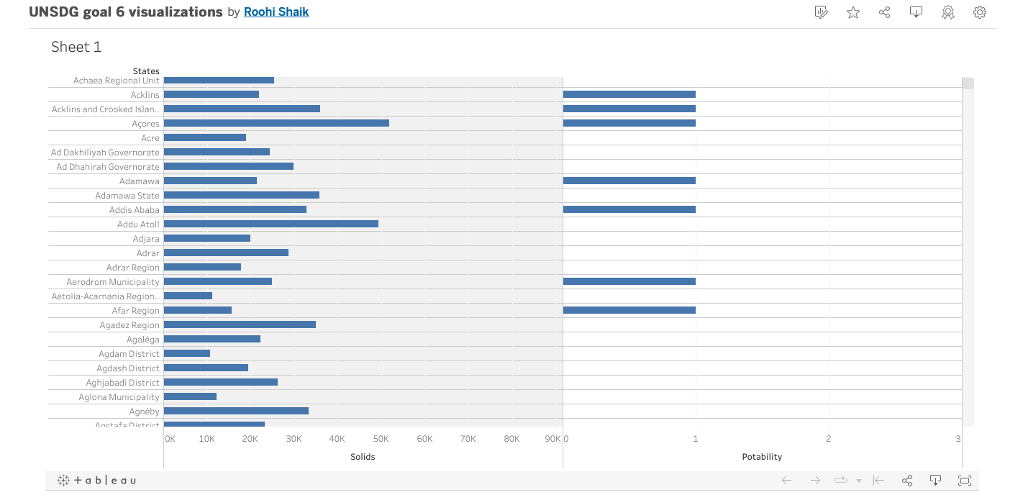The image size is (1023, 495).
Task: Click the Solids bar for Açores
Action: pyautogui.click(x=276, y=123)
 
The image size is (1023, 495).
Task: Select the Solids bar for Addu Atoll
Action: pyautogui.click(x=271, y=224)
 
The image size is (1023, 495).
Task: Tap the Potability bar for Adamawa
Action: pyautogui.click(x=629, y=181)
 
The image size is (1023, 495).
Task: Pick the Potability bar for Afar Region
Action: pyautogui.click(x=629, y=310)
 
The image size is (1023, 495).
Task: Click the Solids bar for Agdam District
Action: pyautogui.click(x=187, y=353)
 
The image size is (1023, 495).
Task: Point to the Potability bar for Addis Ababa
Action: pyautogui.click(x=629, y=209)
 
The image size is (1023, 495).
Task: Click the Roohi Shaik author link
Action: pyautogui.click(x=276, y=12)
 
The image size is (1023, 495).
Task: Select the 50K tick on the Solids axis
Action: pyautogui.click(x=381, y=439)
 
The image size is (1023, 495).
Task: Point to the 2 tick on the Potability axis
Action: pyautogui.click(x=828, y=439)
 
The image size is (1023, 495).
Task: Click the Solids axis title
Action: pyautogui.click(x=363, y=457)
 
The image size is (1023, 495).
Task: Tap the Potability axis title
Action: pyautogui.click(x=762, y=457)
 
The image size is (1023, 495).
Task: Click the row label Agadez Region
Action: pyautogui.click(x=129, y=325)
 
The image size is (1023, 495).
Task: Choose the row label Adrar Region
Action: pyautogui.click(x=133, y=268)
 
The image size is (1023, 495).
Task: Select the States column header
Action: pyautogui.click(x=146, y=71)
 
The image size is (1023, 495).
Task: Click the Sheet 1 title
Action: pyautogui.click(x=76, y=47)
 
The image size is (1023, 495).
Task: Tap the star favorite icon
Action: pyautogui.click(x=853, y=12)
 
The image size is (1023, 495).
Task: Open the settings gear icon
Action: pyautogui.click(x=979, y=12)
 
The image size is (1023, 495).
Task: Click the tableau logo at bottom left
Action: pyautogui.click(x=96, y=480)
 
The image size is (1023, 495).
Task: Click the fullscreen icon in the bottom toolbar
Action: pyautogui.click(x=965, y=480)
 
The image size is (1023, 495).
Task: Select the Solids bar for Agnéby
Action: pyautogui.click(x=236, y=411)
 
